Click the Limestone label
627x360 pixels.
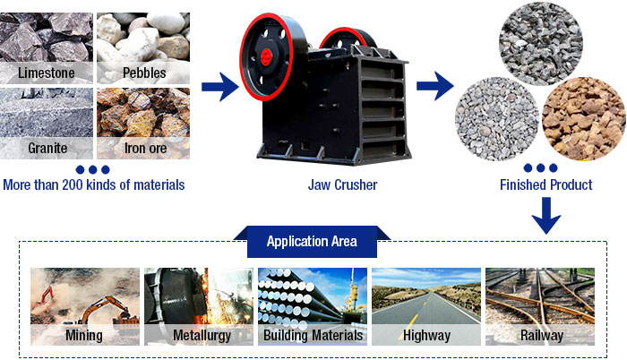(47, 73)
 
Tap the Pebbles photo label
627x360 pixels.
(144, 73)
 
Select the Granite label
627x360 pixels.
(47, 148)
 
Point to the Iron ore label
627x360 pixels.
(145, 148)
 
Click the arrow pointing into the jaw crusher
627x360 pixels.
(220, 87)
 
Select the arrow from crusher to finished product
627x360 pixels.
(435, 86)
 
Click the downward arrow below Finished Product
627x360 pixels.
(546, 216)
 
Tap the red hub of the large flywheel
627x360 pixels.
(266, 57)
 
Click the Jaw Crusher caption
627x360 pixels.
(343, 184)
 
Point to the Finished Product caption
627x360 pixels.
(546, 184)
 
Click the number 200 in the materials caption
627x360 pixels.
(73, 184)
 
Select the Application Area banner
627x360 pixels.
(312, 241)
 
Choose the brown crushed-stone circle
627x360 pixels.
(584, 119)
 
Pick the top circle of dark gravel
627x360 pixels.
(541, 44)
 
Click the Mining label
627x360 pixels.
(84, 335)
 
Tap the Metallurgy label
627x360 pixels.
(202, 335)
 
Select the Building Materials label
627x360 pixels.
(313, 335)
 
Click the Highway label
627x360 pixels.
(426, 335)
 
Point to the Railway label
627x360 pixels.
(542, 335)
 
